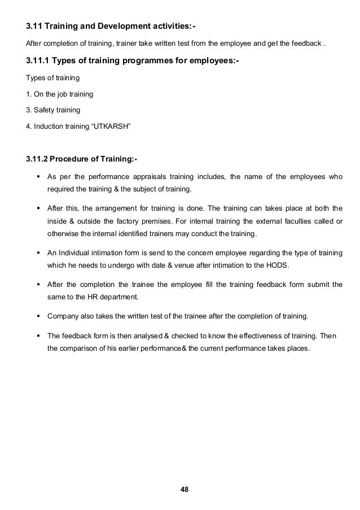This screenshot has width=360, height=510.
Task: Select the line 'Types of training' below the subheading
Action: [x=50, y=77]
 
